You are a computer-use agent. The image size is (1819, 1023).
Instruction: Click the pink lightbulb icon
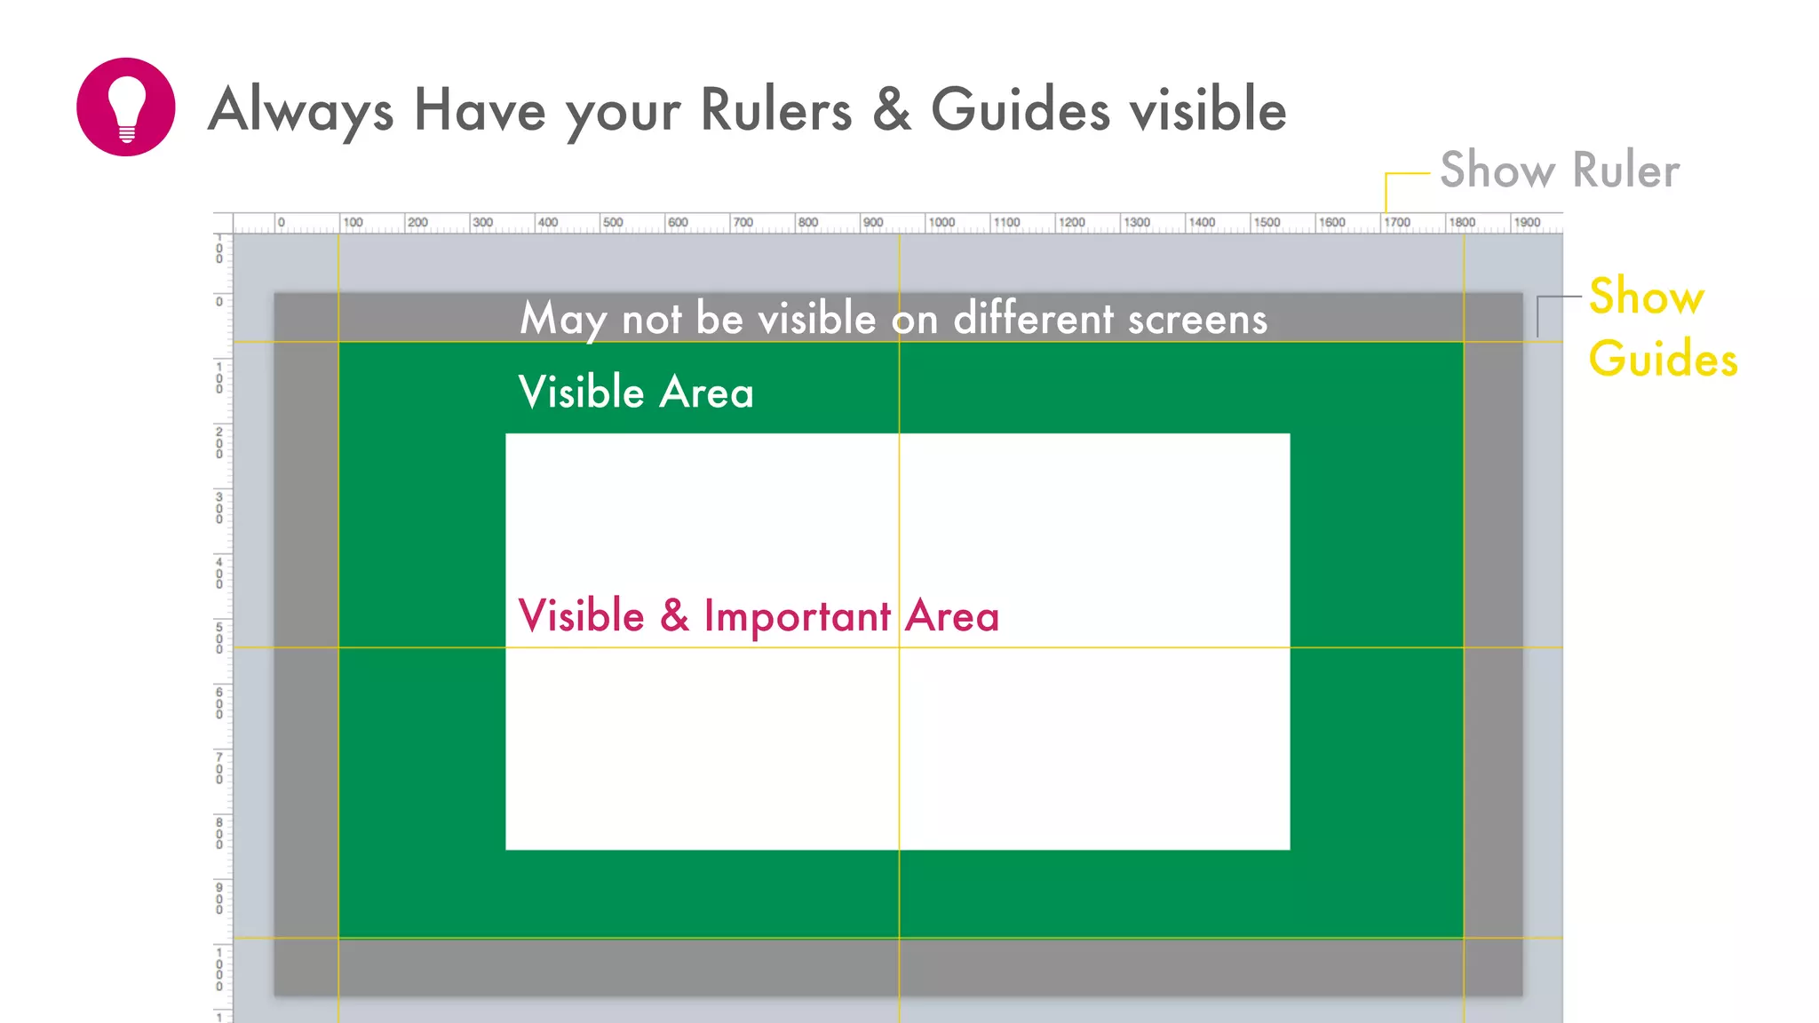(x=125, y=107)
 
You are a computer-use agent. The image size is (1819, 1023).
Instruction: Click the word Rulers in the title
(x=775, y=110)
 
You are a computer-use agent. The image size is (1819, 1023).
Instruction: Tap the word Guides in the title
(x=1021, y=110)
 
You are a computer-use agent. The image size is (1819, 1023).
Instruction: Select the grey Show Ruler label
(x=1559, y=170)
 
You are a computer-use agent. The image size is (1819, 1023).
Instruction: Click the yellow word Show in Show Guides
(x=1646, y=297)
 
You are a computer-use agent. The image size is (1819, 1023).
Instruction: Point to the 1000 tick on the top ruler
(x=941, y=222)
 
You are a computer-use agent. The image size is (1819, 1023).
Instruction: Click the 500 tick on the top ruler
(x=613, y=222)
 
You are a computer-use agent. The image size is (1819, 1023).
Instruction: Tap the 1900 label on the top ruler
(x=1527, y=222)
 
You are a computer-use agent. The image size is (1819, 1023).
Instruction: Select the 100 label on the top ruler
(x=353, y=222)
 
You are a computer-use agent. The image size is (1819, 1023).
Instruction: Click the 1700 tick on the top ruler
(x=1397, y=222)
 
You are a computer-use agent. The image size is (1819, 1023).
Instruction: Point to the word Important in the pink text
(x=797, y=616)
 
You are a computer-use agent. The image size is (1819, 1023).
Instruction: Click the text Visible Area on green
(x=636, y=393)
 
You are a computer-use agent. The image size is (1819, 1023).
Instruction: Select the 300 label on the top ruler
(x=482, y=222)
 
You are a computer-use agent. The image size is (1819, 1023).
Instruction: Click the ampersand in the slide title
(x=891, y=110)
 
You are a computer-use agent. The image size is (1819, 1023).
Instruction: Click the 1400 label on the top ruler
(x=1202, y=222)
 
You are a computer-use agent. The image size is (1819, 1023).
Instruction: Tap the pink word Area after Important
(x=952, y=616)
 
